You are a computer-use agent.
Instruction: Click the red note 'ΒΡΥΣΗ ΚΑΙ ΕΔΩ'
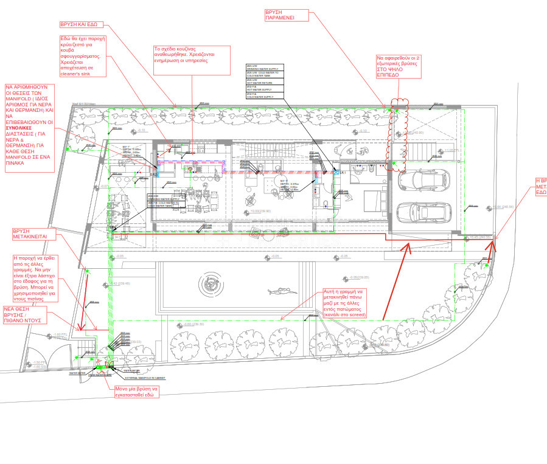(x=79, y=25)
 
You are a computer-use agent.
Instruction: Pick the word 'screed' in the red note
(x=357, y=316)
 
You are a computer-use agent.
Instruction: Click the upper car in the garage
(x=422, y=180)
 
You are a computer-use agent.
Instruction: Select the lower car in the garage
(x=422, y=212)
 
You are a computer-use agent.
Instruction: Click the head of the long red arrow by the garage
(x=408, y=245)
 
